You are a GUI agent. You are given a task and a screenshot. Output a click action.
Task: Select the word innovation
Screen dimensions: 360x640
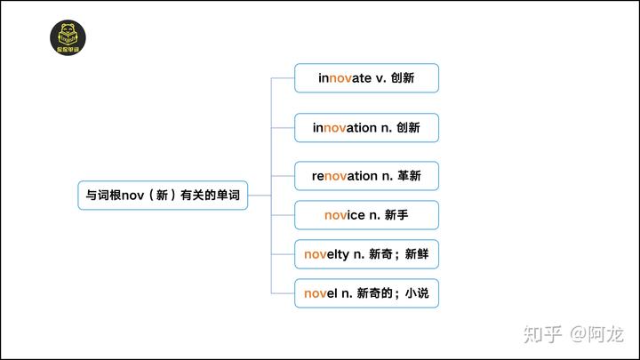(344, 128)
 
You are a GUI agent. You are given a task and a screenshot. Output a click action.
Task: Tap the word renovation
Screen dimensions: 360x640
(344, 176)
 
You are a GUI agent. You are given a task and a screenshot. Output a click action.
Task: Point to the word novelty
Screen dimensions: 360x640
(326, 254)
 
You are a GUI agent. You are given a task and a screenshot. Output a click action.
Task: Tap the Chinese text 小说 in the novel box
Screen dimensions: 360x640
(417, 292)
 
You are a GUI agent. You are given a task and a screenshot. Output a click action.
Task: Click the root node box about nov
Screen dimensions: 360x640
(163, 195)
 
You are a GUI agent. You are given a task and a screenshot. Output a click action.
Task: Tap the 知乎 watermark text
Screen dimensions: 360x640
(543, 334)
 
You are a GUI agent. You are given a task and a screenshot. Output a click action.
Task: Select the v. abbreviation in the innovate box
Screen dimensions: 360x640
(381, 78)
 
